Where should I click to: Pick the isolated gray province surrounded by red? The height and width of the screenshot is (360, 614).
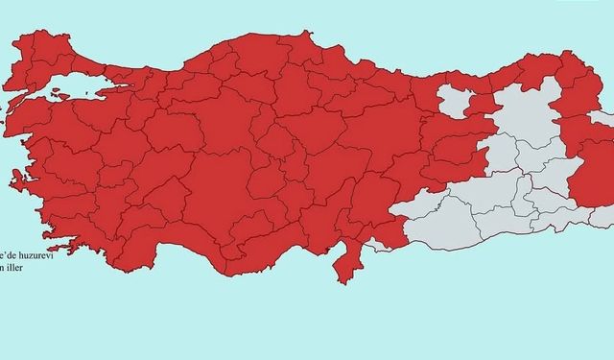457,101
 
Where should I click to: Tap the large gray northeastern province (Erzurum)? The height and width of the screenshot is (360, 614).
523,120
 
